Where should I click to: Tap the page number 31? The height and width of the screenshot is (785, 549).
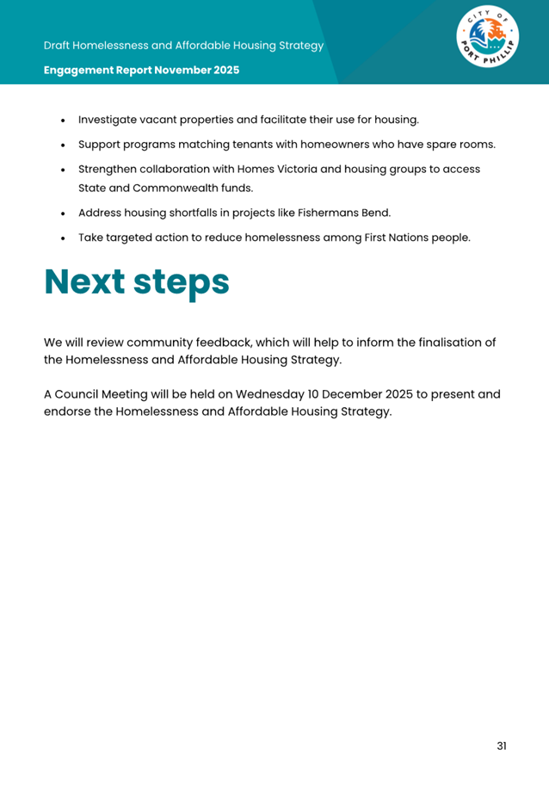point(502,745)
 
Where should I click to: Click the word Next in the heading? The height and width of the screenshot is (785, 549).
point(87,281)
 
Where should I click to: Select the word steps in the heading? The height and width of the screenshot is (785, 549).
point(184,283)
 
